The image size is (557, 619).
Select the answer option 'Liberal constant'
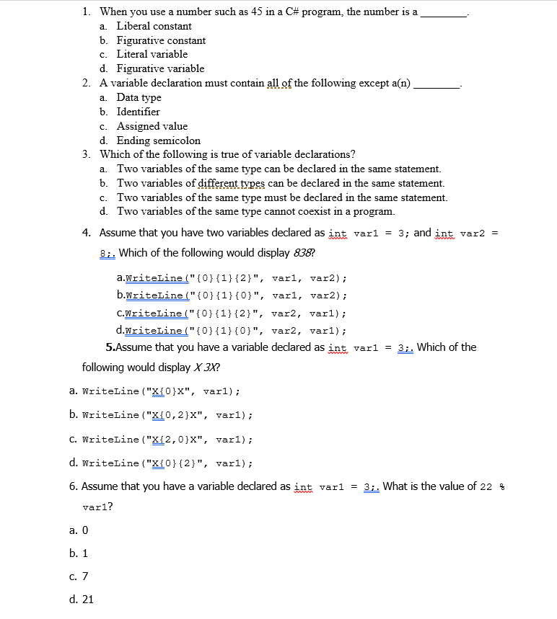(x=154, y=26)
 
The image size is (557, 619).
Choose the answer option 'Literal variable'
(x=152, y=54)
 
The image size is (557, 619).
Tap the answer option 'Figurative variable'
(x=160, y=68)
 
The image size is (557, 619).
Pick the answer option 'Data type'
(x=139, y=97)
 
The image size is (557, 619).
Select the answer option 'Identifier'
(x=138, y=112)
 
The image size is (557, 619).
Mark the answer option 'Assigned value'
(x=152, y=126)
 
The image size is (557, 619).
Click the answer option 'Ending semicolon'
(x=158, y=141)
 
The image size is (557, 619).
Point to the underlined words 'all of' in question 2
(x=281, y=83)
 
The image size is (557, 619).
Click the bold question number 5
(x=110, y=347)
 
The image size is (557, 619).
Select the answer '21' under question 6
(x=87, y=599)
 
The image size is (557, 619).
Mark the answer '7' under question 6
(x=84, y=576)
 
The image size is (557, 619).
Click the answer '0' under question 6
(x=84, y=530)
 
